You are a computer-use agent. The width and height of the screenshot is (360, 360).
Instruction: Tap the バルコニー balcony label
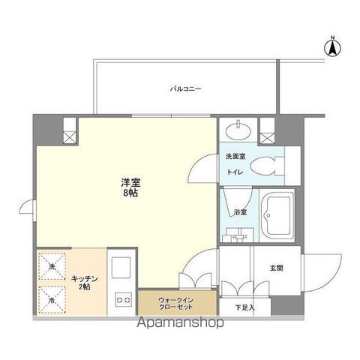click(x=184, y=88)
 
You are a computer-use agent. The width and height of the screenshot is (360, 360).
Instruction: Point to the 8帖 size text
click(x=130, y=193)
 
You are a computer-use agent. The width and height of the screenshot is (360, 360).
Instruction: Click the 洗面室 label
click(x=234, y=157)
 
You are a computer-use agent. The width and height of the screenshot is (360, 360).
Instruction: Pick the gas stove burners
click(x=122, y=299)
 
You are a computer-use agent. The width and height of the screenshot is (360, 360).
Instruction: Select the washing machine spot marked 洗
click(x=52, y=266)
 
